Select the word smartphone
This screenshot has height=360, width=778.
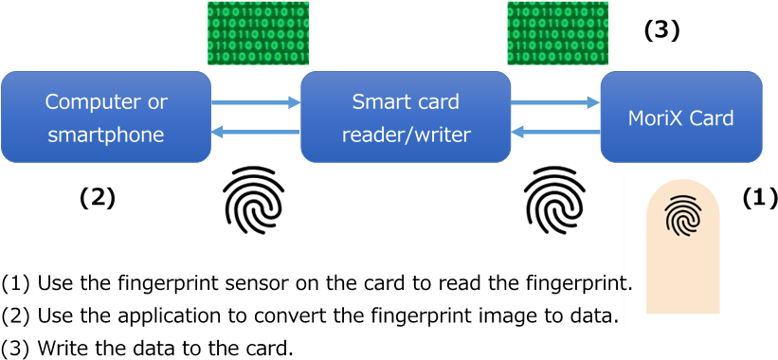point(106,135)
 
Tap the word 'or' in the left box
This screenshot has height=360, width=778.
point(157,101)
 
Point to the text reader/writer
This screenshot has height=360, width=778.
point(406,135)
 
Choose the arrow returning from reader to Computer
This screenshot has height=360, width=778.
point(255,132)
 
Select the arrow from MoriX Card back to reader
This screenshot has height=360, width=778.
point(555,132)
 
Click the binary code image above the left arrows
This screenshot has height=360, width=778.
point(258,33)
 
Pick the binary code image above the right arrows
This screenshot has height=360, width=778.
point(557,33)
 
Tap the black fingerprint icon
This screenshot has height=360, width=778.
point(682,216)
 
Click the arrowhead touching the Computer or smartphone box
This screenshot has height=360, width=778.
point(218,132)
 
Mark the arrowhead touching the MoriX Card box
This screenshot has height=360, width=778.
point(593,102)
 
